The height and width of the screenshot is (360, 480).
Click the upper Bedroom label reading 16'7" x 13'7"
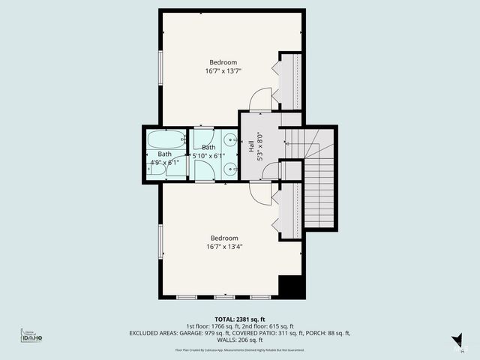[223, 67]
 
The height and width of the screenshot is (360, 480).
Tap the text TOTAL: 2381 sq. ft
[239, 318]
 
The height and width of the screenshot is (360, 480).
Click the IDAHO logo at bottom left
[31, 337]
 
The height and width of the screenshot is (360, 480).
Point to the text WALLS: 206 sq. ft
[240, 340]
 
